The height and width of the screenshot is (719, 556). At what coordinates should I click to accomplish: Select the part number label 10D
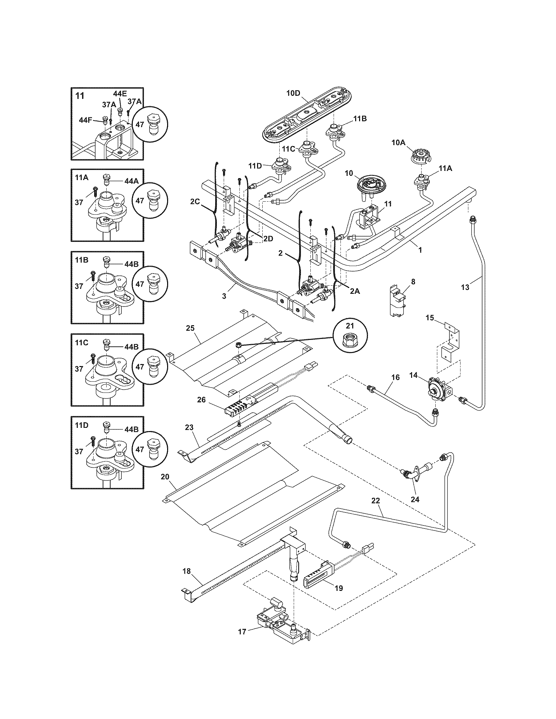coord(293,93)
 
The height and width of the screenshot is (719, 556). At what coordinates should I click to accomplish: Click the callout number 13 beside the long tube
coord(465,287)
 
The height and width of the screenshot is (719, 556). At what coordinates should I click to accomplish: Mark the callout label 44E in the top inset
coord(120,93)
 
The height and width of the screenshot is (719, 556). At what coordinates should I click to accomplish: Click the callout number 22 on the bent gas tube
coord(375,501)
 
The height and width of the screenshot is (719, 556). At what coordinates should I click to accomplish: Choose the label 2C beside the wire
coord(195,202)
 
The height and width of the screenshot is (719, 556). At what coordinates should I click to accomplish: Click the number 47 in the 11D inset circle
coord(140,449)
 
